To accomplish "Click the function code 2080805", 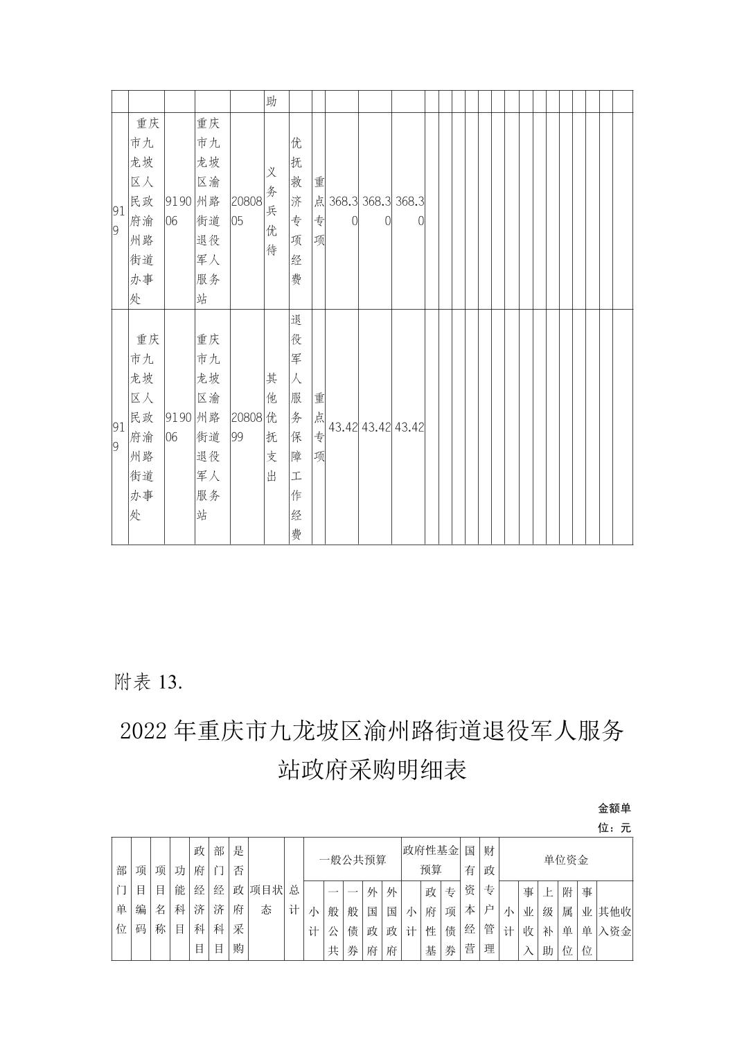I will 247,211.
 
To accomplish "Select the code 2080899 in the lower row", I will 247,427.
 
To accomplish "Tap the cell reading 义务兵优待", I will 272,211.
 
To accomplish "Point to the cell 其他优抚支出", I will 272,427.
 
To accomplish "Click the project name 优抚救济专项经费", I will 296,211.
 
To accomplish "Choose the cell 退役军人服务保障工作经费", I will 296,427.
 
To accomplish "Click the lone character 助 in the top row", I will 272,102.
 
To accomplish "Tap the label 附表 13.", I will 148,682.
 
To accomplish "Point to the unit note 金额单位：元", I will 614,818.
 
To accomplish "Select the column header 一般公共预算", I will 352,860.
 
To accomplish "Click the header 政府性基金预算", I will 430,860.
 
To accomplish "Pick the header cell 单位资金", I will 565,860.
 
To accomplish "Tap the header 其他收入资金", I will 614,921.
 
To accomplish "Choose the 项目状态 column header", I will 266,899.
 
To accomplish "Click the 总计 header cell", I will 294,899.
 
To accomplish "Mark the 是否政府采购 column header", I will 238,899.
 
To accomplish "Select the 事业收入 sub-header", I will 528,921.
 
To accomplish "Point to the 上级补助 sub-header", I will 547,921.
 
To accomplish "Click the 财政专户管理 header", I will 489,899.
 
